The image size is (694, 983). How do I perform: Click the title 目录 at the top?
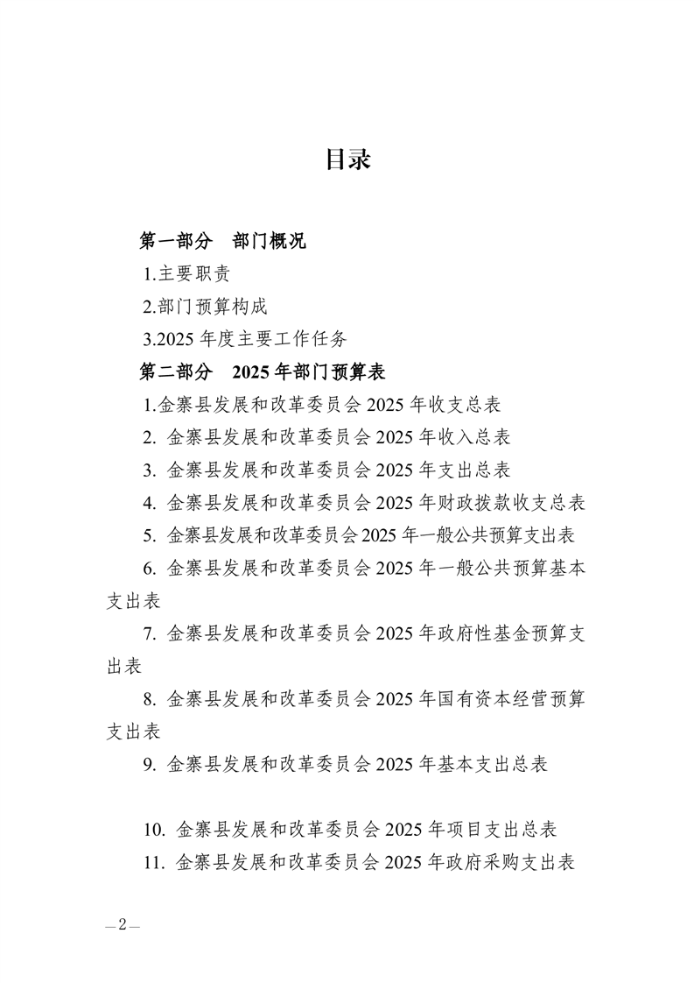(347, 159)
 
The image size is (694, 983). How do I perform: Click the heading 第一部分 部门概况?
(223, 241)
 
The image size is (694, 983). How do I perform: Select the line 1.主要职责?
(187, 273)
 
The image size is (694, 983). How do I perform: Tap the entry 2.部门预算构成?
(205, 306)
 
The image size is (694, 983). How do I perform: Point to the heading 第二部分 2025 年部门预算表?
(263, 371)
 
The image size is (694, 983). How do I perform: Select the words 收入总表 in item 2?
(478, 436)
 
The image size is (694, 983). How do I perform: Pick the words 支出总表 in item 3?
(478, 469)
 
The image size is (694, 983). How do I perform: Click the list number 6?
(149, 568)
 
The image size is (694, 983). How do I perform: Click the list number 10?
(156, 829)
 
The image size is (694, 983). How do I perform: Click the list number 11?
(156, 862)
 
